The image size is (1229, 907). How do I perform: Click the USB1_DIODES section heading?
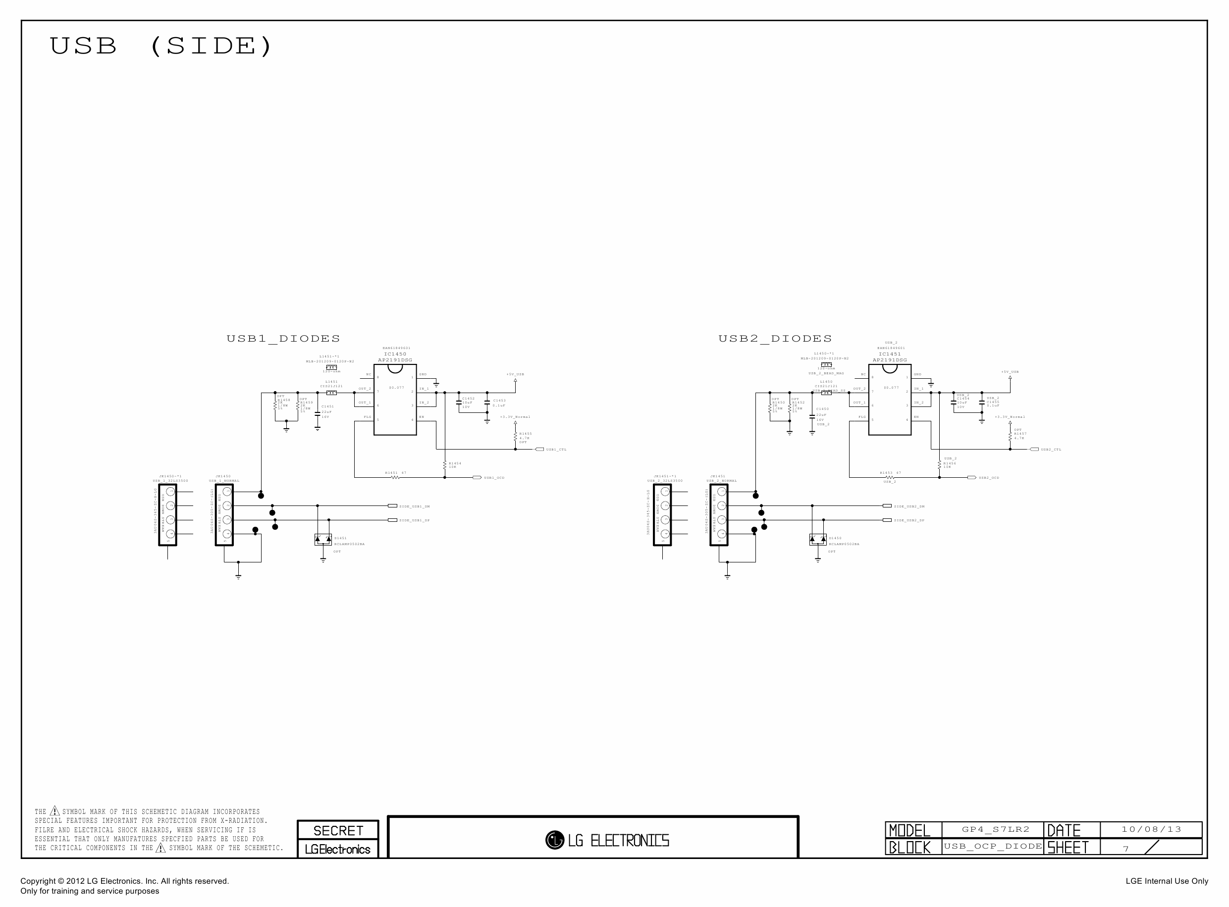point(283,339)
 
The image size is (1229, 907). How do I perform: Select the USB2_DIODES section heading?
point(775,339)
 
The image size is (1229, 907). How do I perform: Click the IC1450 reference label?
point(395,354)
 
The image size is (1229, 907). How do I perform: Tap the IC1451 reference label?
point(890,354)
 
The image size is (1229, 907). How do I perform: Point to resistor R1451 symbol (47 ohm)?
point(395,477)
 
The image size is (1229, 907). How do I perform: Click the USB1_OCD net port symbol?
point(477,478)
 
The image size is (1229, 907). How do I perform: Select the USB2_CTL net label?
point(1051,450)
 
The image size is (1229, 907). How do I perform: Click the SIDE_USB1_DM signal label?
point(414,506)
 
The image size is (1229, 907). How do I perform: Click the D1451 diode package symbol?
point(323,540)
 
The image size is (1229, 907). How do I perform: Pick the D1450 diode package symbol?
point(817,540)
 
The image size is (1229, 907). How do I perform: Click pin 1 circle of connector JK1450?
point(227,492)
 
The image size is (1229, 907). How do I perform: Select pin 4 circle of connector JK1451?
point(721,534)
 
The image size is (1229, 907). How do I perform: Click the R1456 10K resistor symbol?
point(940,465)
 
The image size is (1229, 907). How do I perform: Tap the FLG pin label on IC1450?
point(367,417)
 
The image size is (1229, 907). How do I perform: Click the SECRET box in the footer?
point(338,831)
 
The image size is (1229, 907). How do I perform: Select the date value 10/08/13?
point(1151,830)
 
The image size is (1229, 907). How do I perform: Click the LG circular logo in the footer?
point(554,840)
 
